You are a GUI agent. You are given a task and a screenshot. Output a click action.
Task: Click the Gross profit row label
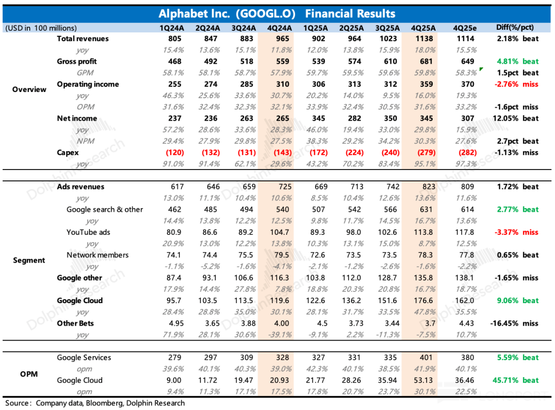pos(77,62)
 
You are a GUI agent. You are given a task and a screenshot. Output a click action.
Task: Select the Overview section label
pos(29,89)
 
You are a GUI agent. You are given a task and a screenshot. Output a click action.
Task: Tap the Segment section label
pos(29,260)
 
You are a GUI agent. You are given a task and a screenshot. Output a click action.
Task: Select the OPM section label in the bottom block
pos(29,374)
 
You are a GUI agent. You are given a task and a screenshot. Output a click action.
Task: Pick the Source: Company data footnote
pos(95,403)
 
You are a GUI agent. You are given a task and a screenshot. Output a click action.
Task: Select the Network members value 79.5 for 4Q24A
pos(282,255)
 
